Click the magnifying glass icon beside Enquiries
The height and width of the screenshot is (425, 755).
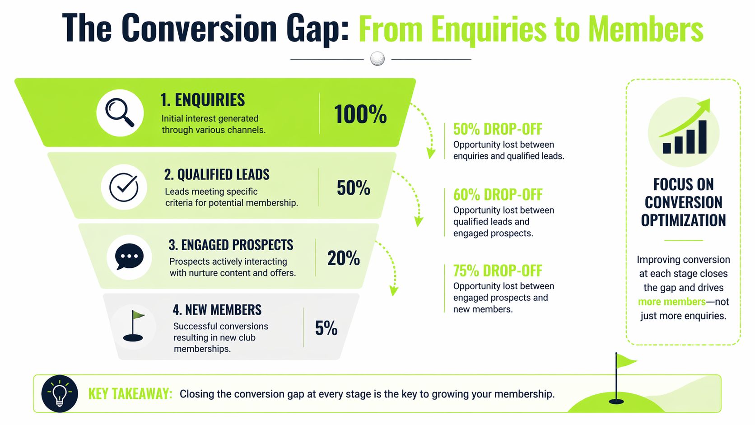[x=120, y=112]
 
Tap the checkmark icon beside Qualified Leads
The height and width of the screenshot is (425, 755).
[x=124, y=187]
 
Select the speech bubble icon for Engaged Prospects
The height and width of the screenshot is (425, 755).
[x=129, y=257]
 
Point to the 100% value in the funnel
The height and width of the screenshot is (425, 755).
[x=360, y=114]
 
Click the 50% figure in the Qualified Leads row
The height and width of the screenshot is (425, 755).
[x=353, y=188]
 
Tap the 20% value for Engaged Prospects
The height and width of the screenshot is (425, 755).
[x=343, y=258]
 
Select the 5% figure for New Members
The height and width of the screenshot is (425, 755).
[x=326, y=328]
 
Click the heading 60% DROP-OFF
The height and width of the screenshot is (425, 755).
[x=498, y=195]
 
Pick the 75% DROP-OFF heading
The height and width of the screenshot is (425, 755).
[x=498, y=271]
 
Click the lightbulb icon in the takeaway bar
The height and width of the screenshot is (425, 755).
[x=60, y=393]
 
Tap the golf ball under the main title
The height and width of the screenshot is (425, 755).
[x=377, y=59]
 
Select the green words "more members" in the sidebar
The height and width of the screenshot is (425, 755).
[x=671, y=302]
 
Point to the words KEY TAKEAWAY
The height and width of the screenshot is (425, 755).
[x=130, y=394]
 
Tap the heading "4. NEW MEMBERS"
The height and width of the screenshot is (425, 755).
[x=217, y=310]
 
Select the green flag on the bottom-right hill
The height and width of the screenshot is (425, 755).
[x=625, y=361]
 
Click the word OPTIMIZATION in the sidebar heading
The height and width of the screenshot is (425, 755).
[x=683, y=220]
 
